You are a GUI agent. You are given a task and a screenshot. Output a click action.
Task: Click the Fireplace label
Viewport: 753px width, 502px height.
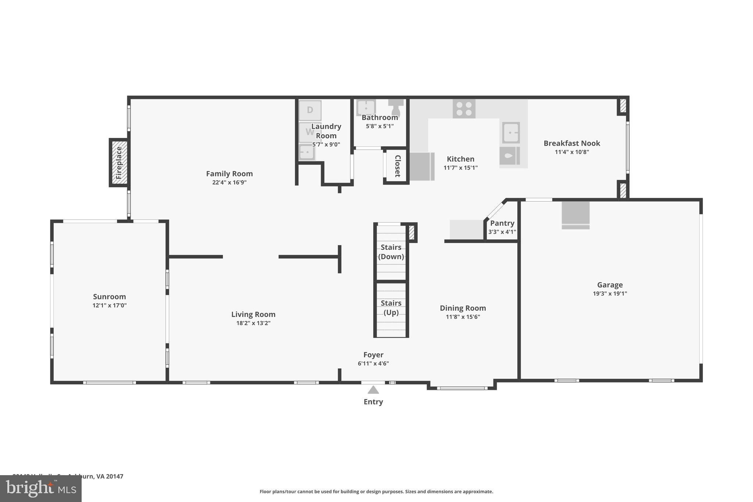[x=119, y=163]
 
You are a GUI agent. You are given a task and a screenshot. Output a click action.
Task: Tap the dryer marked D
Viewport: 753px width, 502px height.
[x=310, y=110]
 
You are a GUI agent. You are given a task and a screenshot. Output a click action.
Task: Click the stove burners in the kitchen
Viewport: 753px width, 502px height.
[x=464, y=109]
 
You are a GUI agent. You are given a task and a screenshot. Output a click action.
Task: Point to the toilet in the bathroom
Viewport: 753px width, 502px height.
[x=396, y=107]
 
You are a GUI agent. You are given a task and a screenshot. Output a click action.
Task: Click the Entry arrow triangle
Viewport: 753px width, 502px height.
[x=373, y=390]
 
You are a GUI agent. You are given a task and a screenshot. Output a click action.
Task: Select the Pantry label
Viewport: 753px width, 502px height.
[x=502, y=223]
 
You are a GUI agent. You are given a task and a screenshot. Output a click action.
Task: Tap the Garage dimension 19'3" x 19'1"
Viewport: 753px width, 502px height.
[x=610, y=293]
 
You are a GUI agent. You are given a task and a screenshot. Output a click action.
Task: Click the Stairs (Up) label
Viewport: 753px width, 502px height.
[x=391, y=308]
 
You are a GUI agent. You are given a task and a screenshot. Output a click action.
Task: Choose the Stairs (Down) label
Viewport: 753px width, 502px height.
[x=391, y=252]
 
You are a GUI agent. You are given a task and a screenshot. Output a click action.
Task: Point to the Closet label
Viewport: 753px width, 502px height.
[x=397, y=166]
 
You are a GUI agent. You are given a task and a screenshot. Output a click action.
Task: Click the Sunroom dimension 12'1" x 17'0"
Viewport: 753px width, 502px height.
[x=110, y=305]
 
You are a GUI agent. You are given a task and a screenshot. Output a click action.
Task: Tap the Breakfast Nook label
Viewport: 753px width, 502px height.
[x=572, y=143]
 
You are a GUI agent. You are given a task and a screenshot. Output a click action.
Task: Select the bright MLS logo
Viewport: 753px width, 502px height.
[x=41, y=488]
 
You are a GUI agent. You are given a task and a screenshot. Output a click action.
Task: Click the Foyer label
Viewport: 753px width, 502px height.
[x=373, y=355]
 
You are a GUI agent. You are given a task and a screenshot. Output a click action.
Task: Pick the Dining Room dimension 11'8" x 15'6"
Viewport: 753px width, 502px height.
[x=463, y=317]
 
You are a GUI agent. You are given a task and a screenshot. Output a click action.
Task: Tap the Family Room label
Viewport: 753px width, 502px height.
[x=229, y=174]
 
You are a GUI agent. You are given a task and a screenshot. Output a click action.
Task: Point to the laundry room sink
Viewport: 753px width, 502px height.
[x=306, y=152]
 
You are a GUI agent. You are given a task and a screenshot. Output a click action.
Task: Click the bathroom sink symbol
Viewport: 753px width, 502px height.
[x=366, y=108]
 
